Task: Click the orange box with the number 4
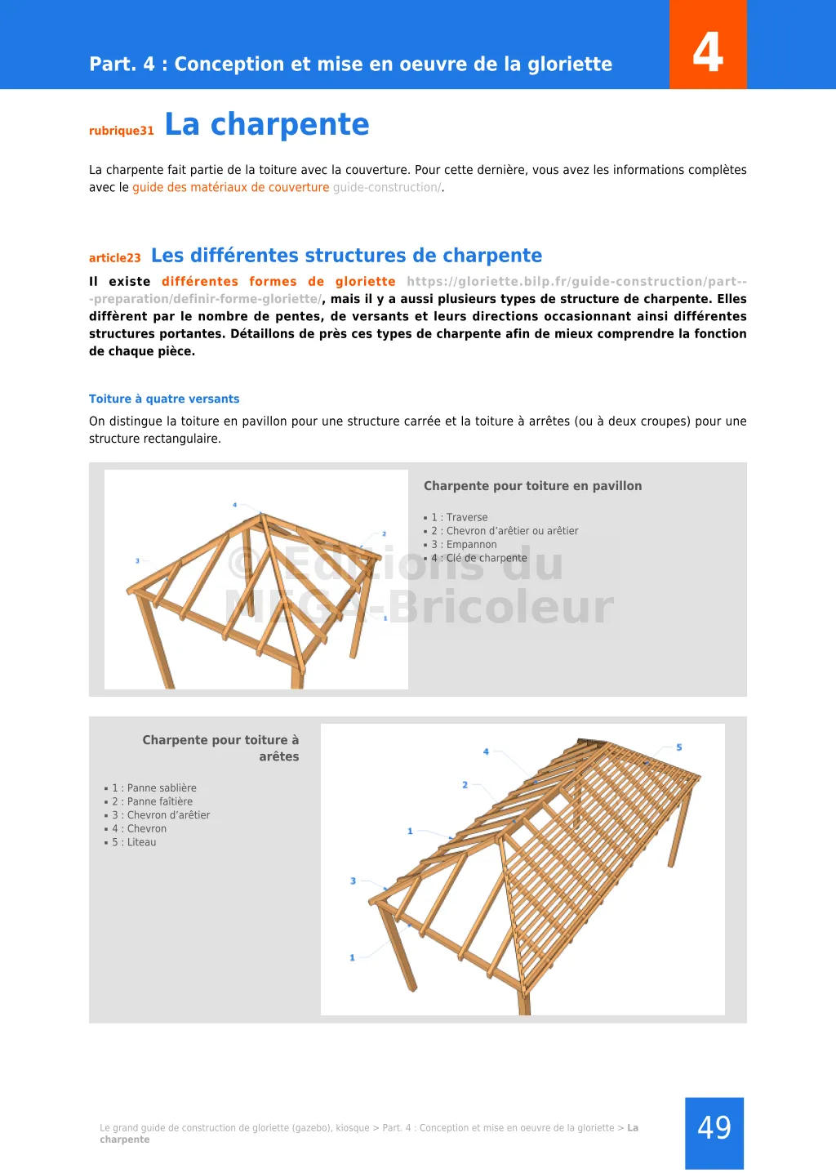(x=708, y=46)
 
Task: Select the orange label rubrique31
(x=122, y=131)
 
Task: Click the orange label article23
(x=115, y=258)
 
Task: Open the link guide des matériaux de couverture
(x=231, y=188)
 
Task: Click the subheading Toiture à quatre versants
(x=164, y=399)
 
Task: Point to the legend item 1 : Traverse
(x=459, y=518)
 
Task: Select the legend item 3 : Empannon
(x=464, y=545)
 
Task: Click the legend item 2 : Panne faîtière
(x=153, y=802)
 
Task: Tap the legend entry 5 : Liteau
(x=135, y=843)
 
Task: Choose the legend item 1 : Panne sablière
(x=154, y=788)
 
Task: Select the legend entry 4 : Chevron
(x=140, y=829)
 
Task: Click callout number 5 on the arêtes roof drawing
(x=679, y=747)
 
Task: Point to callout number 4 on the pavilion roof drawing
(x=235, y=505)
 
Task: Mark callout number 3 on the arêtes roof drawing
(x=353, y=881)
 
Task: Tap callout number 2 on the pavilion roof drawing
(x=384, y=534)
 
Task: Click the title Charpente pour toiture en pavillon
(x=532, y=486)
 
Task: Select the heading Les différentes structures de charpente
(x=346, y=256)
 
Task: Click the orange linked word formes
(x=273, y=282)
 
